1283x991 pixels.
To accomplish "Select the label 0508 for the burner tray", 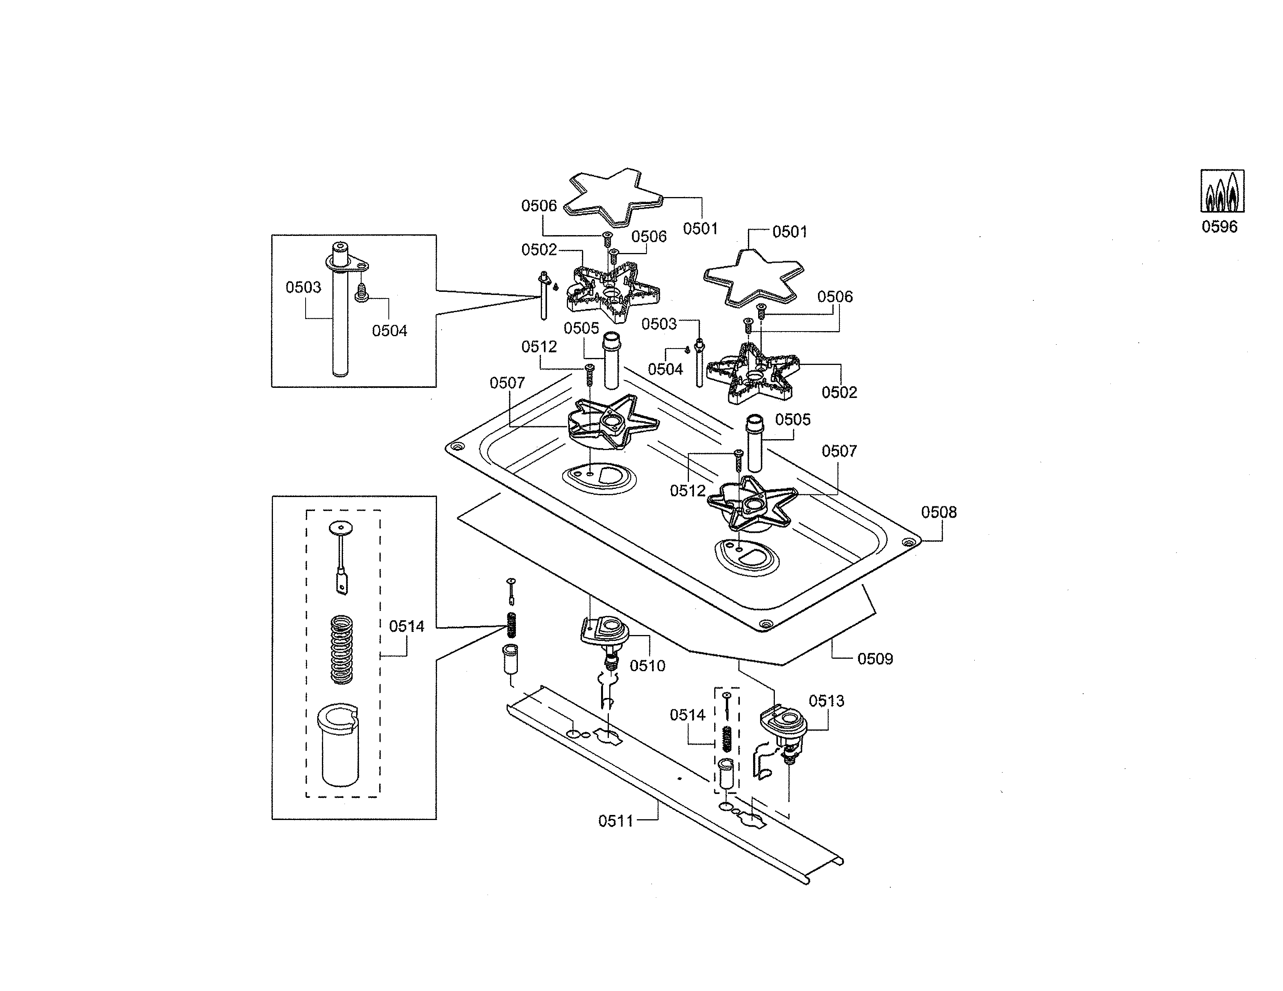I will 938,513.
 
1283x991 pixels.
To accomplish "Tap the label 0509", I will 875,659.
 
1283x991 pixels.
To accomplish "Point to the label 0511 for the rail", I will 615,821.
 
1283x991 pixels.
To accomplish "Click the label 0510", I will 647,666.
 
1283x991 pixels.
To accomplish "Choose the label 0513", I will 826,701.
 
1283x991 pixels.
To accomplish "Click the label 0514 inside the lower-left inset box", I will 407,626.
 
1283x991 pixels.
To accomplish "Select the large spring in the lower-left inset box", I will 342,649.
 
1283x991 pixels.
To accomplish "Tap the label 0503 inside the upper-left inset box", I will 303,287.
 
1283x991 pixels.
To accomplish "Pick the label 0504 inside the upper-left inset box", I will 389,331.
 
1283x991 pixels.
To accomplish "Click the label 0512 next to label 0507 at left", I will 539,347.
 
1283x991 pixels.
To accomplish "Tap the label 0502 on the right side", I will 839,392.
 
